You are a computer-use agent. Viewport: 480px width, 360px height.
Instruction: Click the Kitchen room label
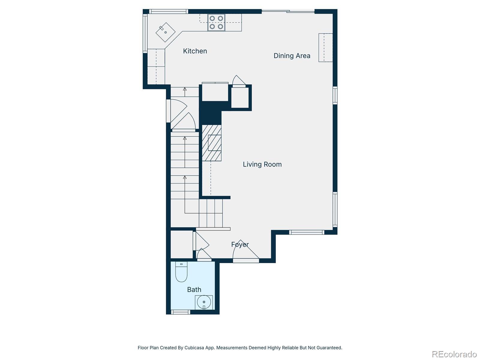tap(195, 51)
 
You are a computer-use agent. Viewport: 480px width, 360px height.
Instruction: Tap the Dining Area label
tap(292, 56)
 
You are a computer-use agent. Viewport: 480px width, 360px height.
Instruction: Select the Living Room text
tap(262, 164)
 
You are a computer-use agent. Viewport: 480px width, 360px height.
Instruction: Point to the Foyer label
tap(240, 244)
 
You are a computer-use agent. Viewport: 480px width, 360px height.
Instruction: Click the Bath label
tap(194, 289)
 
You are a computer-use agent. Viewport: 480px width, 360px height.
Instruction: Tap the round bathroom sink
tap(204, 302)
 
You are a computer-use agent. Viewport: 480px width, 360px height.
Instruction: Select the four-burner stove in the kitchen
tap(216, 22)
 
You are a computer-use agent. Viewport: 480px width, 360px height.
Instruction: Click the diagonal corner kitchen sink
tap(165, 32)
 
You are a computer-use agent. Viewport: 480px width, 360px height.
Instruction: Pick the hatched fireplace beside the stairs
tap(211, 143)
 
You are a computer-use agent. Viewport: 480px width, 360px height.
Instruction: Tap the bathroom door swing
tap(204, 254)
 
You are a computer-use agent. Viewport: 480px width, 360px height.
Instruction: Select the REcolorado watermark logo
tap(454, 354)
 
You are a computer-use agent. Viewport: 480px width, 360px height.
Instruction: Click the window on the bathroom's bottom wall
tap(180, 312)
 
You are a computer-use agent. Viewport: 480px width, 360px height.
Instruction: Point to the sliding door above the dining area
tap(288, 11)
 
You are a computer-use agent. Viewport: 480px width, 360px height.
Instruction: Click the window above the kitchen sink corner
tap(168, 11)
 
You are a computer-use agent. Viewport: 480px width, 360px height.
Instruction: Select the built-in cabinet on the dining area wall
tap(325, 48)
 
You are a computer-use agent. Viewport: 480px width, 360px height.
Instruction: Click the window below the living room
tap(307, 232)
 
